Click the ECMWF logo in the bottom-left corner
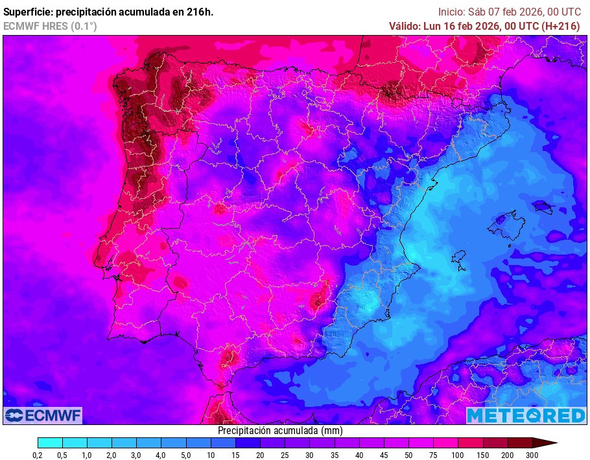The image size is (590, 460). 43,415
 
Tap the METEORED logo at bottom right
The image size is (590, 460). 526,415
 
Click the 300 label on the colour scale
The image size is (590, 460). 532,455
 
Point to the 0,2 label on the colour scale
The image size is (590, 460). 38,455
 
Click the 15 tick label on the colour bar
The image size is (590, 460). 235,455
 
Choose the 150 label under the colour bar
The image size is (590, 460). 483,455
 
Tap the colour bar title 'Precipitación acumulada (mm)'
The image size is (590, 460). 280,430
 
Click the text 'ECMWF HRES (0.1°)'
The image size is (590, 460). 50,26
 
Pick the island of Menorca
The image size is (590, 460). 542,207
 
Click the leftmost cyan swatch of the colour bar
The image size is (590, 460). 50,443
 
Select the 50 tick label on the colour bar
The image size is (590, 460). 408,455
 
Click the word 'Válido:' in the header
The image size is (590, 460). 405,26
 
